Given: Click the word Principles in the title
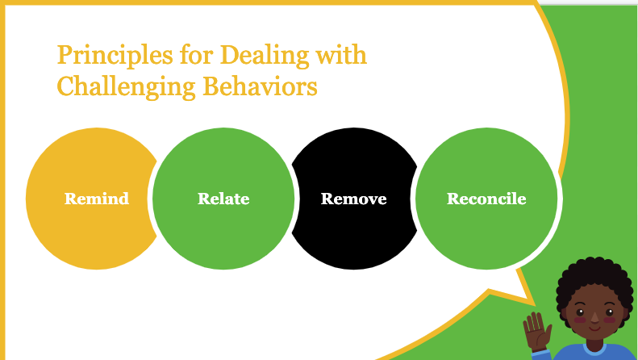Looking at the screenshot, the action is [115, 56].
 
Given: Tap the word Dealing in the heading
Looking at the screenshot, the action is [265, 56].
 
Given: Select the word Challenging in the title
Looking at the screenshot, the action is [126, 87].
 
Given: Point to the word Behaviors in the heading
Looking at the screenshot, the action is [260, 86].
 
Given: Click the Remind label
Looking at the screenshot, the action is [97, 199].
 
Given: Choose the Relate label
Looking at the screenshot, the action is [223, 199].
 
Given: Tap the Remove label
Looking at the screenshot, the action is [353, 199].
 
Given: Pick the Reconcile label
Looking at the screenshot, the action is [486, 199].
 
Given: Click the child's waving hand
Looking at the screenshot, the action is [537, 331].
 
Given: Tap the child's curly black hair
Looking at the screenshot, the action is [595, 277].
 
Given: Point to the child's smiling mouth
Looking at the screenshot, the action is [594, 328].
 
